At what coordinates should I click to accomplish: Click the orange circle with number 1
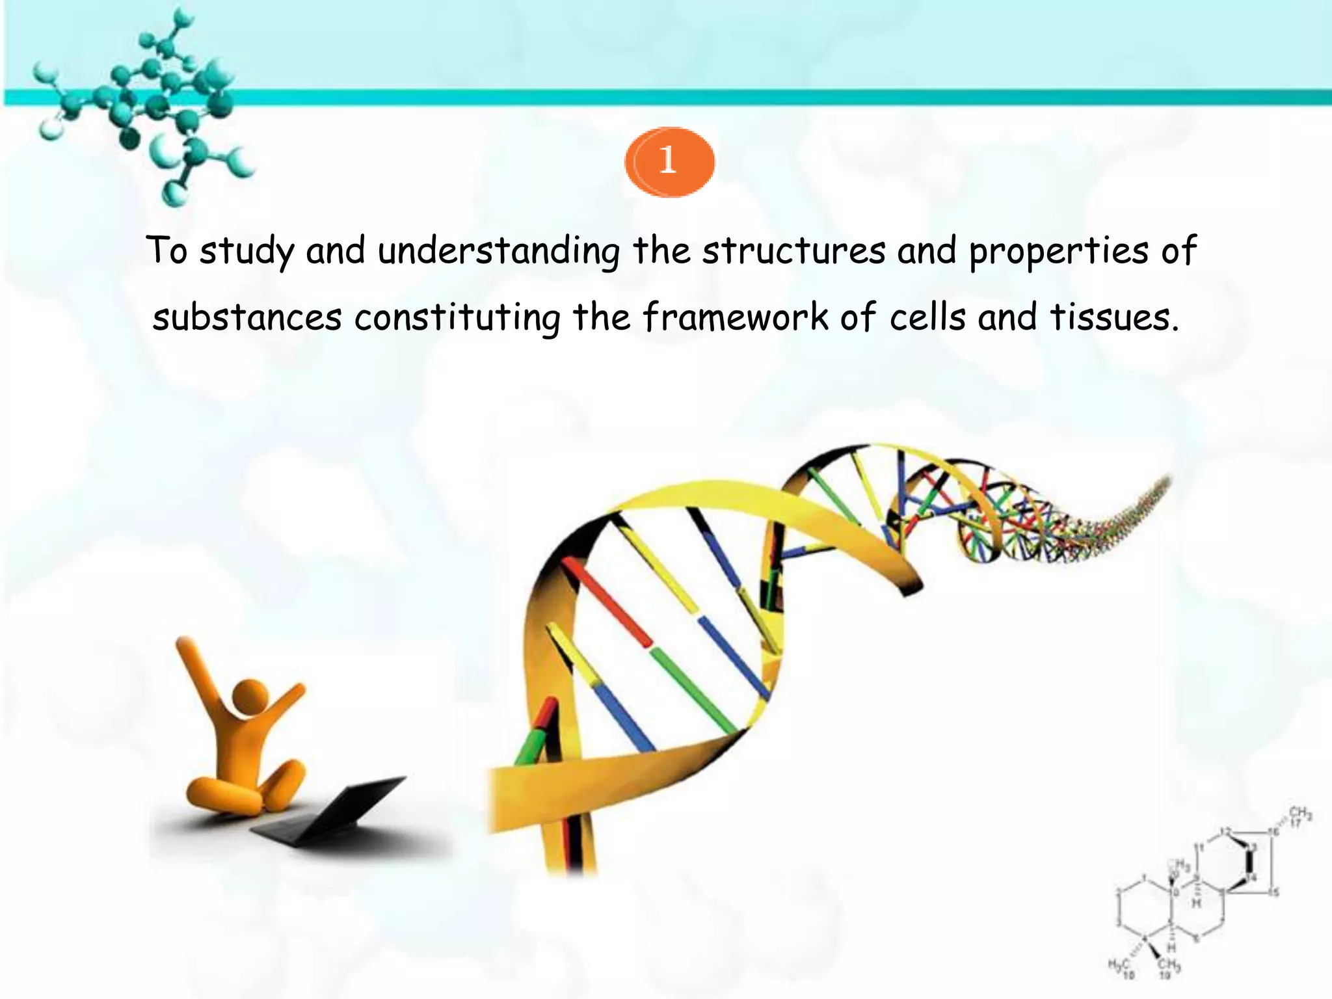click(669, 161)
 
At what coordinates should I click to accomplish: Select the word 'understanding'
click(498, 251)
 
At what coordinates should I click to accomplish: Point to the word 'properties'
click(1058, 251)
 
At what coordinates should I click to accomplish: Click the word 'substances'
click(246, 318)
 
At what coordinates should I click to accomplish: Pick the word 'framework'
click(735, 317)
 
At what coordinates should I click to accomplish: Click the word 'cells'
click(926, 317)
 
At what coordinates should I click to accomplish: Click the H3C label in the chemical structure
click(1120, 964)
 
